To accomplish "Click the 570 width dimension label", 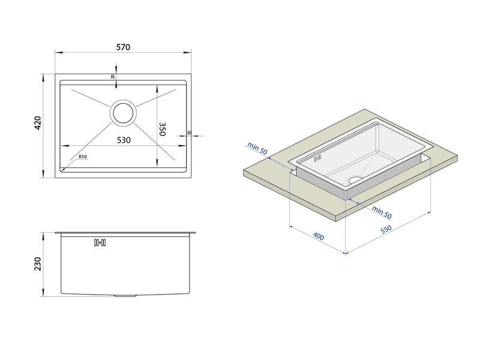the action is pyautogui.click(x=123, y=47).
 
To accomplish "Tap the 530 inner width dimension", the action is pyautogui.click(x=124, y=140).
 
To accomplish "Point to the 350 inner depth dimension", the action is pyautogui.click(x=162, y=129).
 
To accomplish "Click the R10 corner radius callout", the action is pyautogui.click(x=83, y=157).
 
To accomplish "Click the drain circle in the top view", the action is pyautogui.click(x=123, y=113).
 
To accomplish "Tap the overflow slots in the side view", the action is pyautogui.click(x=100, y=242).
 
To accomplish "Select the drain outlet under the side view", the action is pyautogui.click(x=125, y=296).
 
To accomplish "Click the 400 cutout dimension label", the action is pyautogui.click(x=319, y=236).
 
